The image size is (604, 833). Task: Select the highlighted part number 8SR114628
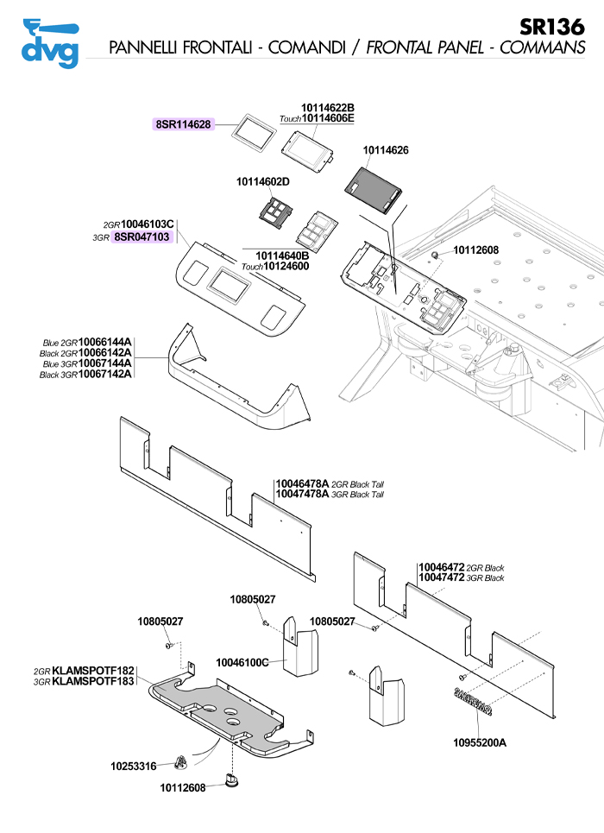click(x=185, y=124)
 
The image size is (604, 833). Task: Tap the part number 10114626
click(x=386, y=150)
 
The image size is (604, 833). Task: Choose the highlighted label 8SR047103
click(x=142, y=236)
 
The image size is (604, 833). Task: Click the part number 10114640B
click(x=282, y=256)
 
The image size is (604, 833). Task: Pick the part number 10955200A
click(x=480, y=741)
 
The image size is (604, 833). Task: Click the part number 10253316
click(x=134, y=766)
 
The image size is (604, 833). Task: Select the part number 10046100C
click(x=243, y=662)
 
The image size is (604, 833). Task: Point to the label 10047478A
click(x=302, y=495)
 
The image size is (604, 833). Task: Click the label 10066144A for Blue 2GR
click(x=105, y=343)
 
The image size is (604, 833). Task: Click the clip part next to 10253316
click(x=180, y=762)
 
